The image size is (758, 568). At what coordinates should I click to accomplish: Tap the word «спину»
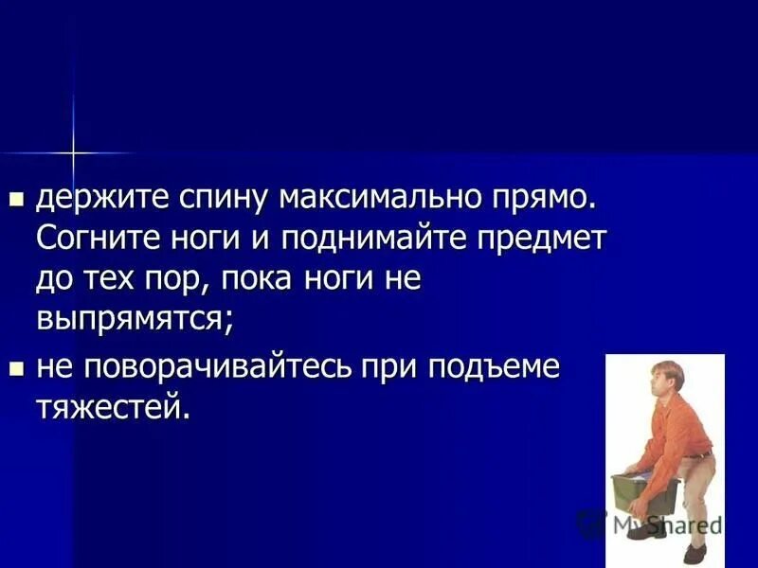(220, 200)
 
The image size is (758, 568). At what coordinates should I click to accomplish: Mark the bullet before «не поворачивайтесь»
(15, 367)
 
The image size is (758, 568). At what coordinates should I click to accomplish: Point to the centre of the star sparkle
(72, 151)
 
